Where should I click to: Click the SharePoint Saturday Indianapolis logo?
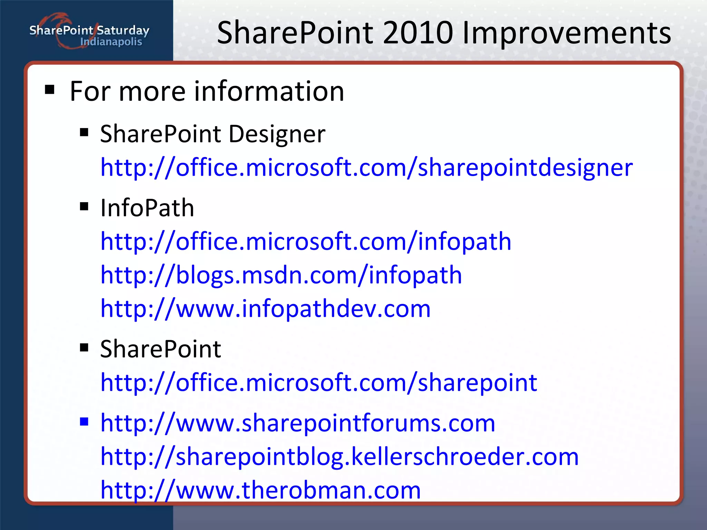pyautogui.click(x=89, y=33)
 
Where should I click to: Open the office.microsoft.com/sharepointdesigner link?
pyautogui.click(x=367, y=168)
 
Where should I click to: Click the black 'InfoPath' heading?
pyautogui.click(x=147, y=208)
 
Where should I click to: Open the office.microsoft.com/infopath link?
pyautogui.click(x=306, y=242)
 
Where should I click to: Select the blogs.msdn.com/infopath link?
pyautogui.click(x=281, y=275)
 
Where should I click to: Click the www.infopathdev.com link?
pyautogui.click(x=265, y=308)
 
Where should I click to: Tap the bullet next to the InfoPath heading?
pyautogui.click(x=84, y=207)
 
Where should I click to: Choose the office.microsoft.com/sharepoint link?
pyautogui.click(x=319, y=383)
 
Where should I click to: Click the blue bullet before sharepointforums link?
pyautogui.click(x=84, y=421)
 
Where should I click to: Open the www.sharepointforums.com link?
pyautogui.click(x=298, y=423)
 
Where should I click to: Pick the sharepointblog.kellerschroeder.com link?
pyautogui.click(x=339, y=457)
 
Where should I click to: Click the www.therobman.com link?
pyautogui.click(x=261, y=490)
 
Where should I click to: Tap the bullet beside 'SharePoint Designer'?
pyautogui.click(x=84, y=132)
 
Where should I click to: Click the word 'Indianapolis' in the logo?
pyautogui.click(x=111, y=42)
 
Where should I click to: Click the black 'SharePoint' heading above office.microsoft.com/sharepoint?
pyautogui.click(x=161, y=349)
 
